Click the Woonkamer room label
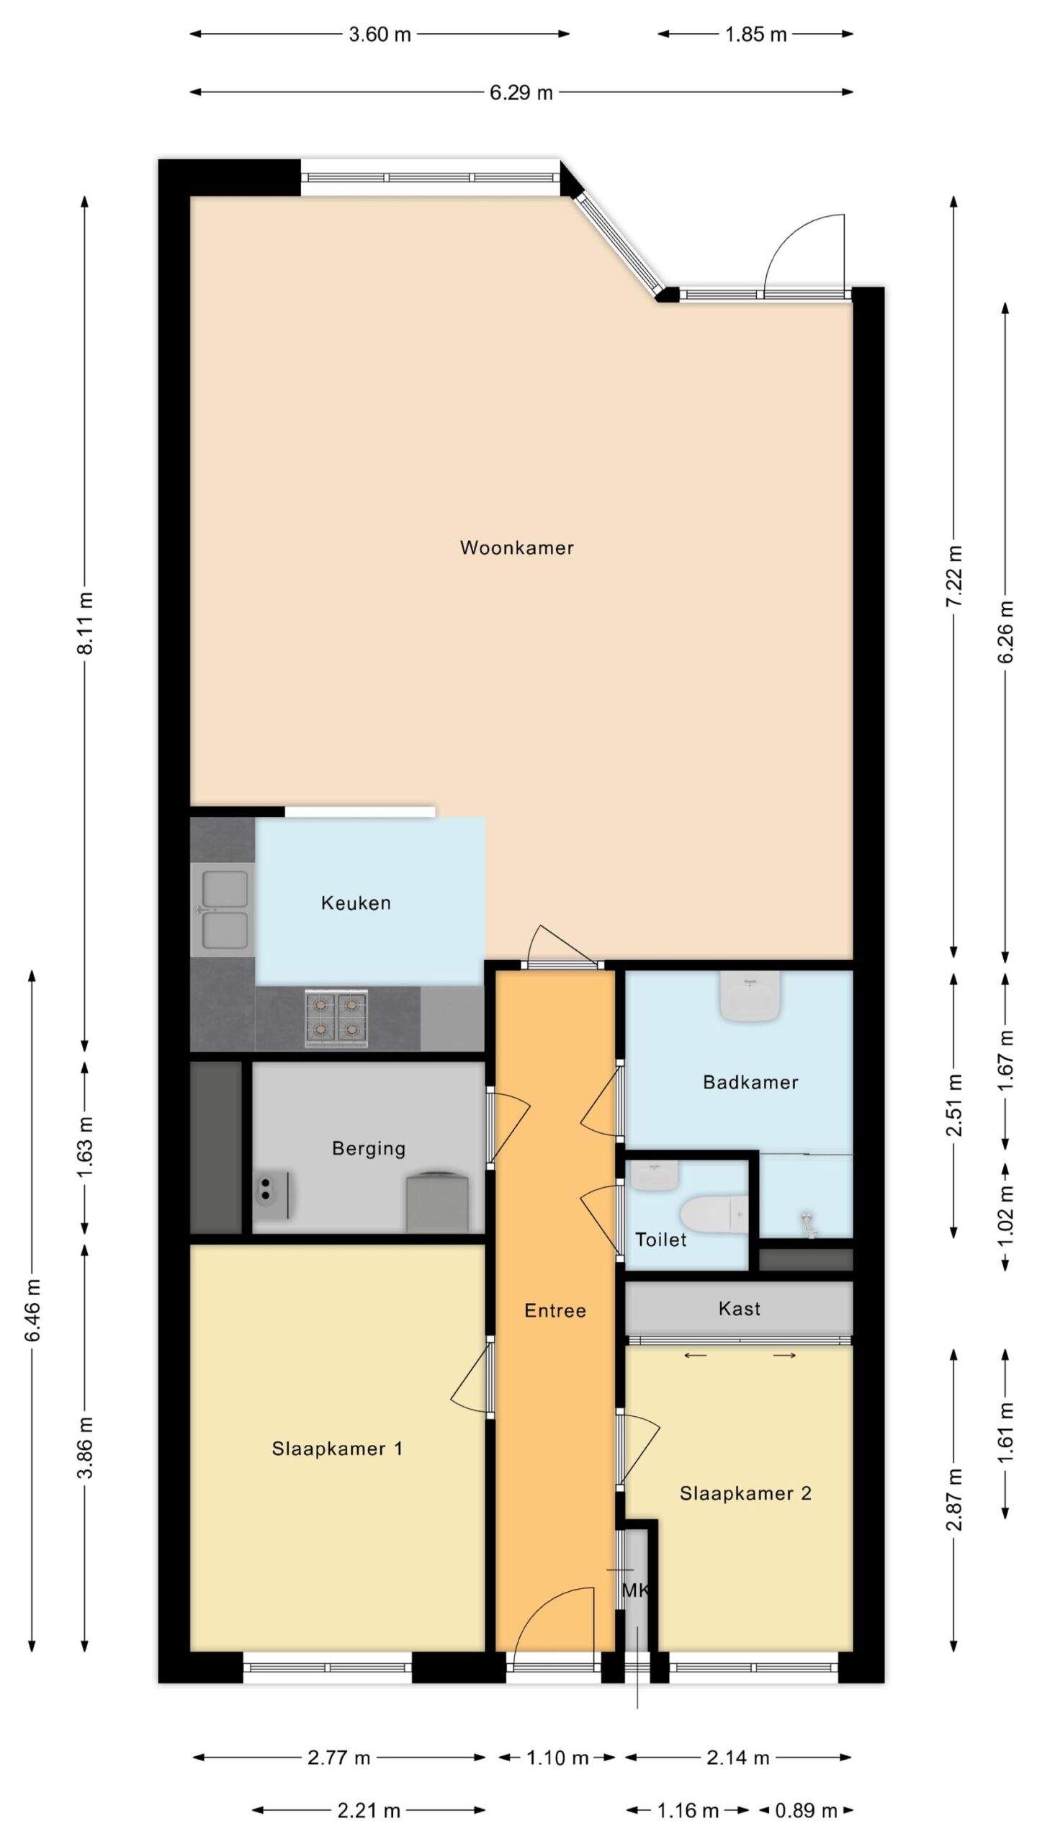click(x=517, y=547)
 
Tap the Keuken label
click(x=356, y=903)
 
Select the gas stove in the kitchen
click(x=336, y=1019)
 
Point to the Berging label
click(x=369, y=1148)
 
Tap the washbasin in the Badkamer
click(x=750, y=998)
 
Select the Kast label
click(x=740, y=1308)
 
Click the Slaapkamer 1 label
click(x=337, y=1449)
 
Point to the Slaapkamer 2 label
click(x=745, y=1493)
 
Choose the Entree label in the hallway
click(x=555, y=1310)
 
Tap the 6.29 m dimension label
click(x=521, y=93)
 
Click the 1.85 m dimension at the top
click(x=755, y=35)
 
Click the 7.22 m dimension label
click(x=956, y=576)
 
